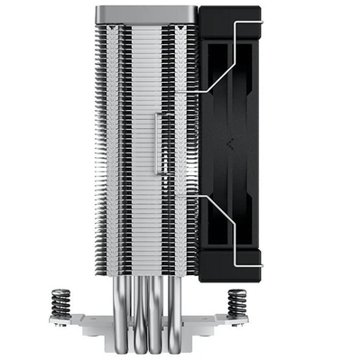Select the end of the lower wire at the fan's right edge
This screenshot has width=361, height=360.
(x=261, y=263)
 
